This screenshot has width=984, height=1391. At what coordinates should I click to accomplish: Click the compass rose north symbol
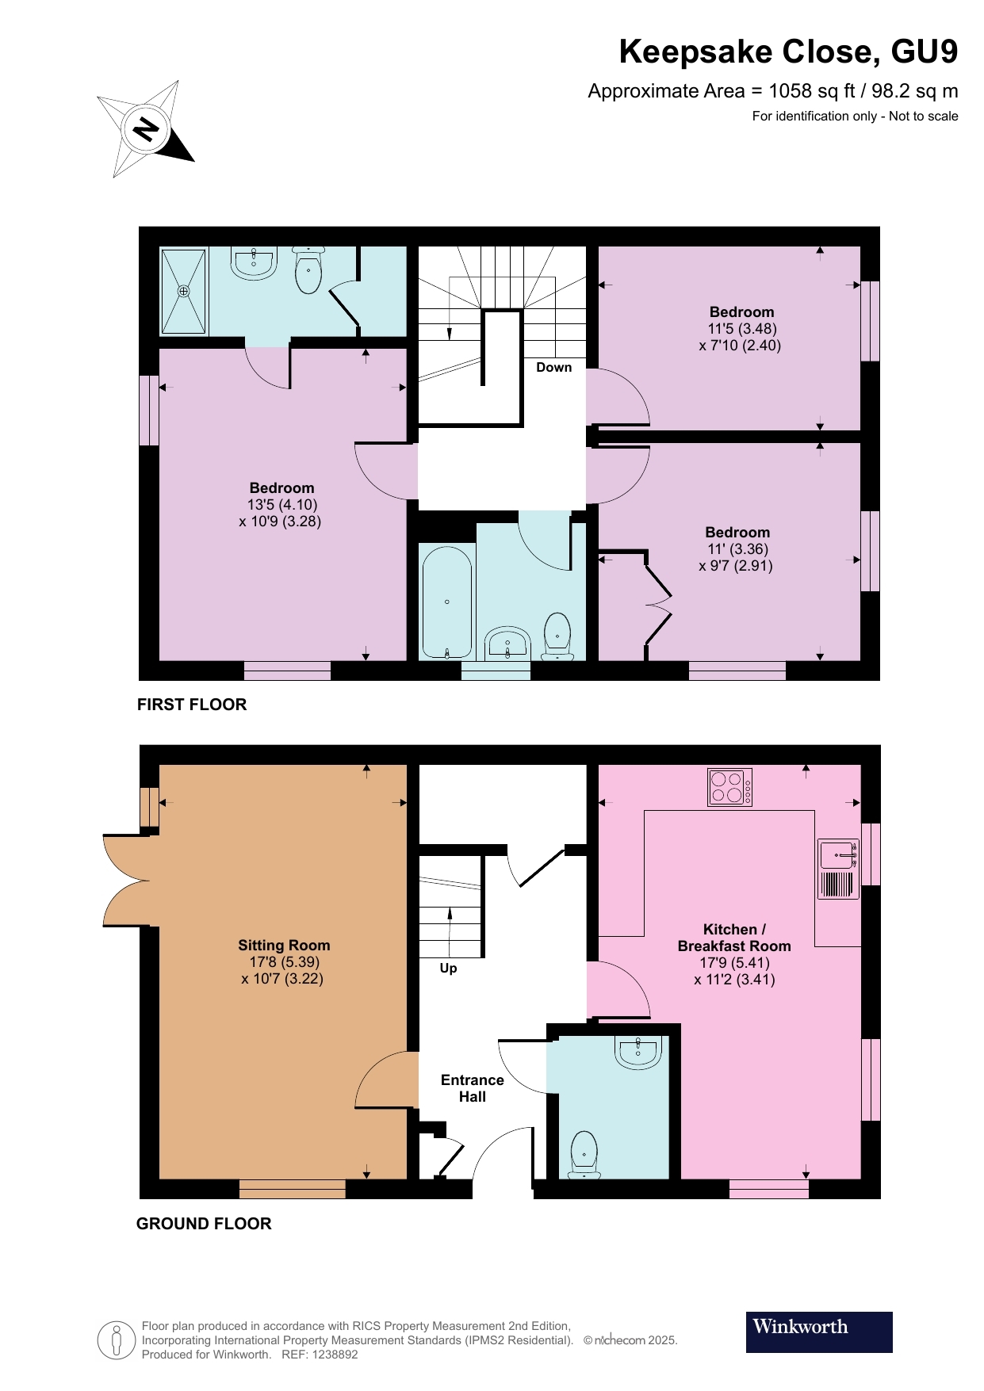(146, 128)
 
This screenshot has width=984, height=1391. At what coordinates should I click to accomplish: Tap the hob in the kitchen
(729, 787)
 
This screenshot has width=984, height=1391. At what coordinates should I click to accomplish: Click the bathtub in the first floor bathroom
(447, 602)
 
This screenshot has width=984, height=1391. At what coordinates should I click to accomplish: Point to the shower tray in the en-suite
(184, 292)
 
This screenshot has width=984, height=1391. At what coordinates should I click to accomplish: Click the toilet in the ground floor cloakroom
(584, 1152)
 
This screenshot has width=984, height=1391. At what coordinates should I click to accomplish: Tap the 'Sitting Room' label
(284, 945)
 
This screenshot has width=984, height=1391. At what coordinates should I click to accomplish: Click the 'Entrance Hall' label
(472, 1088)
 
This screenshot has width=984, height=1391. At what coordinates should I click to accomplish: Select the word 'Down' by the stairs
(553, 367)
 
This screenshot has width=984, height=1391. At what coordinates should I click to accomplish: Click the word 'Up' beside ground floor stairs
(448, 968)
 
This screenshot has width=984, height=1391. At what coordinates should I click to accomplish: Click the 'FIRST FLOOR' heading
(192, 705)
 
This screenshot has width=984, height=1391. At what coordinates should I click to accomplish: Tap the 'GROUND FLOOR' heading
(204, 1223)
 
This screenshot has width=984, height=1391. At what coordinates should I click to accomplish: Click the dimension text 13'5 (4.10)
(282, 504)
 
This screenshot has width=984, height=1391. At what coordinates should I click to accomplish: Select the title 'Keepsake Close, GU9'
(788, 52)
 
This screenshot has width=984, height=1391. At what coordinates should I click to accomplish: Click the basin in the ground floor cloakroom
(638, 1052)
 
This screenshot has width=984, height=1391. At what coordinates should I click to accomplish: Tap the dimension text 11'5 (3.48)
(742, 328)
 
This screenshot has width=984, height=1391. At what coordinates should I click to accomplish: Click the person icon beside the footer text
(117, 1340)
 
